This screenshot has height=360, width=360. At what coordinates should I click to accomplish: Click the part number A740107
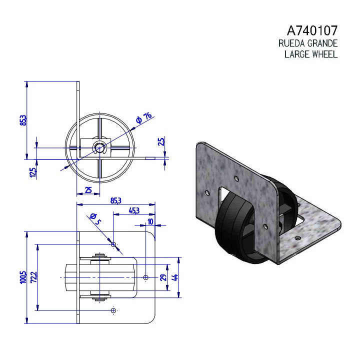pyautogui.click(x=312, y=30)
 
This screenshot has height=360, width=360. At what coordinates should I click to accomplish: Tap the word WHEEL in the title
pyautogui.click(x=325, y=54)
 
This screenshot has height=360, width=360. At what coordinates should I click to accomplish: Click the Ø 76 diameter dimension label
pyautogui.click(x=144, y=118)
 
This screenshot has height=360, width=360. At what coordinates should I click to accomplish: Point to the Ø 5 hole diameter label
pyautogui.click(x=95, y=219)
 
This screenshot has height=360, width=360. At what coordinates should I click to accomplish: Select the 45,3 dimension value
pyautogui.click(x=134, y=210)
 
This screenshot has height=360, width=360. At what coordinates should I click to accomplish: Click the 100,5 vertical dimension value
pyautogui.click(x=23, y=277)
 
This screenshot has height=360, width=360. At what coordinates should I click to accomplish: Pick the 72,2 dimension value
pyautogui.click(x=34, y=277)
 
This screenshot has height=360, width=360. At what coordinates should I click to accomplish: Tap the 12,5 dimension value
pyautogui.click(x=33, y=172)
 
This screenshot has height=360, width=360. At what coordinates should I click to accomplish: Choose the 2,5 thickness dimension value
pyautogui.click(x=161, y=141)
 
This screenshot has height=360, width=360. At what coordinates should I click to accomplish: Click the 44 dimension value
pyautogui.click(x=175, y=277)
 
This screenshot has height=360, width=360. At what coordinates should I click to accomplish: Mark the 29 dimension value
pyautogui.click(x=162, y=277)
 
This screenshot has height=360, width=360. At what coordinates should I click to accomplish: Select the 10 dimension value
pyautogui.click(x=150, y=221)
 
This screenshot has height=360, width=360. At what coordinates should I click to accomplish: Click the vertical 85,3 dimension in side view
pyautogui.click(x=23, y=120)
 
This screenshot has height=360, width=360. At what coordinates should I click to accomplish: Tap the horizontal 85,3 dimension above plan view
pyautogui.click(x=115, y=200)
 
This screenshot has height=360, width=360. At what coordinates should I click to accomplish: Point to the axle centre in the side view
pyautogui.click(x=100, y=147)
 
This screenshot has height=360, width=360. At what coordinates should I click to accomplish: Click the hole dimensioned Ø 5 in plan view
pyautogui.click(x=113, y=244)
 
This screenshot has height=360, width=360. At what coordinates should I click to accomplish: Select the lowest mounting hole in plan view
pyautogui.click(x=113, y=310)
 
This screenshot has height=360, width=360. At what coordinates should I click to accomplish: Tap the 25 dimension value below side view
pyautogui.click(x=88, y=190)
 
